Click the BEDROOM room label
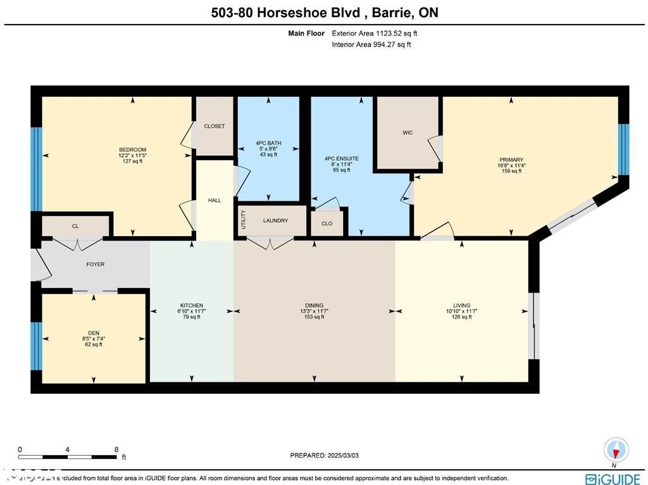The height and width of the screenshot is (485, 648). point(132,150)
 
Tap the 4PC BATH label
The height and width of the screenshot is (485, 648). point(268,143)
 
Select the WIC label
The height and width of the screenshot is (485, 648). point(408,133)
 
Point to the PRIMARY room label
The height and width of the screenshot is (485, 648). point(511,160)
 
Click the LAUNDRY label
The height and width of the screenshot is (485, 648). point(275,221)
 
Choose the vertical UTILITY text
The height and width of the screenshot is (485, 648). point(242,220)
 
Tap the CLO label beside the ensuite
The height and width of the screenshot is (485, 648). point(327,224)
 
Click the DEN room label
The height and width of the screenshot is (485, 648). point(94,333)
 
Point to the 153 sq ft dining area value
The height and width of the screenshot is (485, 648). point(315,317)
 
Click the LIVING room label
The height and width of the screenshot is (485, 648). point(461,306)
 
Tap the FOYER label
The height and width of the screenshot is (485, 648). point(96,265)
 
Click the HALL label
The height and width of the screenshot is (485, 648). point(215,201)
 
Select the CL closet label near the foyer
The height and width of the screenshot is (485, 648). point(75,226)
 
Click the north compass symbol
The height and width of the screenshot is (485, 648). point(616,450)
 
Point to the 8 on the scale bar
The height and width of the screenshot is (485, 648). point(116,449)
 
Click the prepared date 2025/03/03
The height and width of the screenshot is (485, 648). point(324,455)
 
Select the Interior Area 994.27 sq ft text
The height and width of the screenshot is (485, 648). point(371,44)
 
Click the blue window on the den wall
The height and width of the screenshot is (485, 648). point(37,346)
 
